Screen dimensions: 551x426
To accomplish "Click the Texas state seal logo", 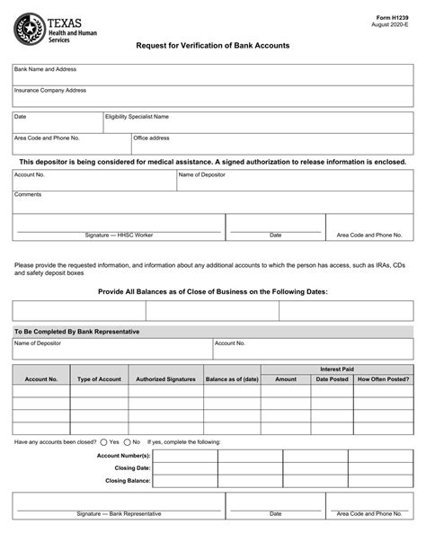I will pyautogui.click(x=30, y=29).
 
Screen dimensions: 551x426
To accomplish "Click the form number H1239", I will pyautogui.click(x=396, y=16).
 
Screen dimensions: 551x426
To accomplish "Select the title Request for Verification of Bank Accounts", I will pyautogui.click(x=212, y=45).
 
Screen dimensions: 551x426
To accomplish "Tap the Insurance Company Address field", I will pyautogui.click(x=212, y=96).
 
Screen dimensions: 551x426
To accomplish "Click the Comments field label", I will pyautogui.click(x=28, y=194).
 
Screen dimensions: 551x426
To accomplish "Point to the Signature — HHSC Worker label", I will pyautogui.click(x=119, y=235).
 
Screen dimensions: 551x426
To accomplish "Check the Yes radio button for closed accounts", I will pyautogui.click(x=104, y=442).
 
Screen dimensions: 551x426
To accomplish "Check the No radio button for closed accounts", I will pyautogui.click(x=127, y=442).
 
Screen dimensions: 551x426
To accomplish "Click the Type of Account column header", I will pyautogui.click(x=99, y=379).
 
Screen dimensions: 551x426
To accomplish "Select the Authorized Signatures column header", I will pyautogui.click(x=165, y=379).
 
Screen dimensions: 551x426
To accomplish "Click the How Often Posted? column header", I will pyautogui.click(x=382, y=379).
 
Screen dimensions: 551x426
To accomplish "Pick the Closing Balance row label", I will pyautogui.click(x=127, y=481).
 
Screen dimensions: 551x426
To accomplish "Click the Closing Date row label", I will pyautogui.click(x=132, y=468).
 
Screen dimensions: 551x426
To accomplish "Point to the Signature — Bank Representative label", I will pyautogui.click(x=119, y=514).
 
